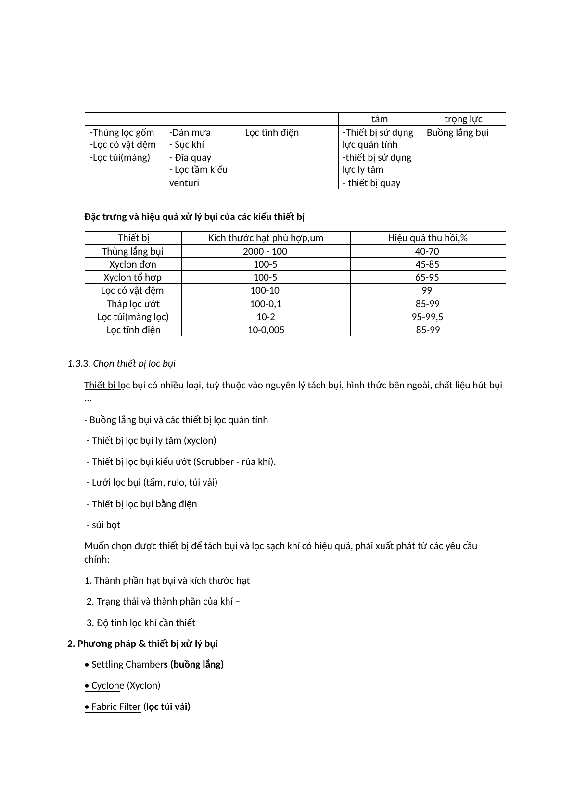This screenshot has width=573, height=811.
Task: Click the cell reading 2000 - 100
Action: coord(265,251)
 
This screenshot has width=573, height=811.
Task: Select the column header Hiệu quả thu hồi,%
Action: coord(428,238)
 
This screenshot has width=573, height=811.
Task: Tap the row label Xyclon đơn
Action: coord(133,264)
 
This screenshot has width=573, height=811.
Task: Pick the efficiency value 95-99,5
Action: coord(427,317)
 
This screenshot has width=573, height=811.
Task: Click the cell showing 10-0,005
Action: coord(266,330)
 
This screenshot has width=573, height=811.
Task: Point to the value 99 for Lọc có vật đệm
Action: coord(427,290)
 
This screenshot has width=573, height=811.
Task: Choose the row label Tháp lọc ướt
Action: coord(133,304)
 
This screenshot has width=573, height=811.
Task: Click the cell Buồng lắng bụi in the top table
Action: coord(458,132)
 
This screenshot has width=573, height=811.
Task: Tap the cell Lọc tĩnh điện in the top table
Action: coord(272,132)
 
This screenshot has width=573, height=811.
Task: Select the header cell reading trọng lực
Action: coord(463,119)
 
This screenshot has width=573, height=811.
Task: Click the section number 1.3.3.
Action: coord(79,363)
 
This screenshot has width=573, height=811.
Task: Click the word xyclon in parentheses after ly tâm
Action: coord(200,440)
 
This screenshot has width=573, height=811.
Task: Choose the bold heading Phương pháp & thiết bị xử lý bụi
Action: coord(147,644)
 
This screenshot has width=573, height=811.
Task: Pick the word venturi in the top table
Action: coord(184,183)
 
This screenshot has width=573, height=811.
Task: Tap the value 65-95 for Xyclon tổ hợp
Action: coord(427,277)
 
